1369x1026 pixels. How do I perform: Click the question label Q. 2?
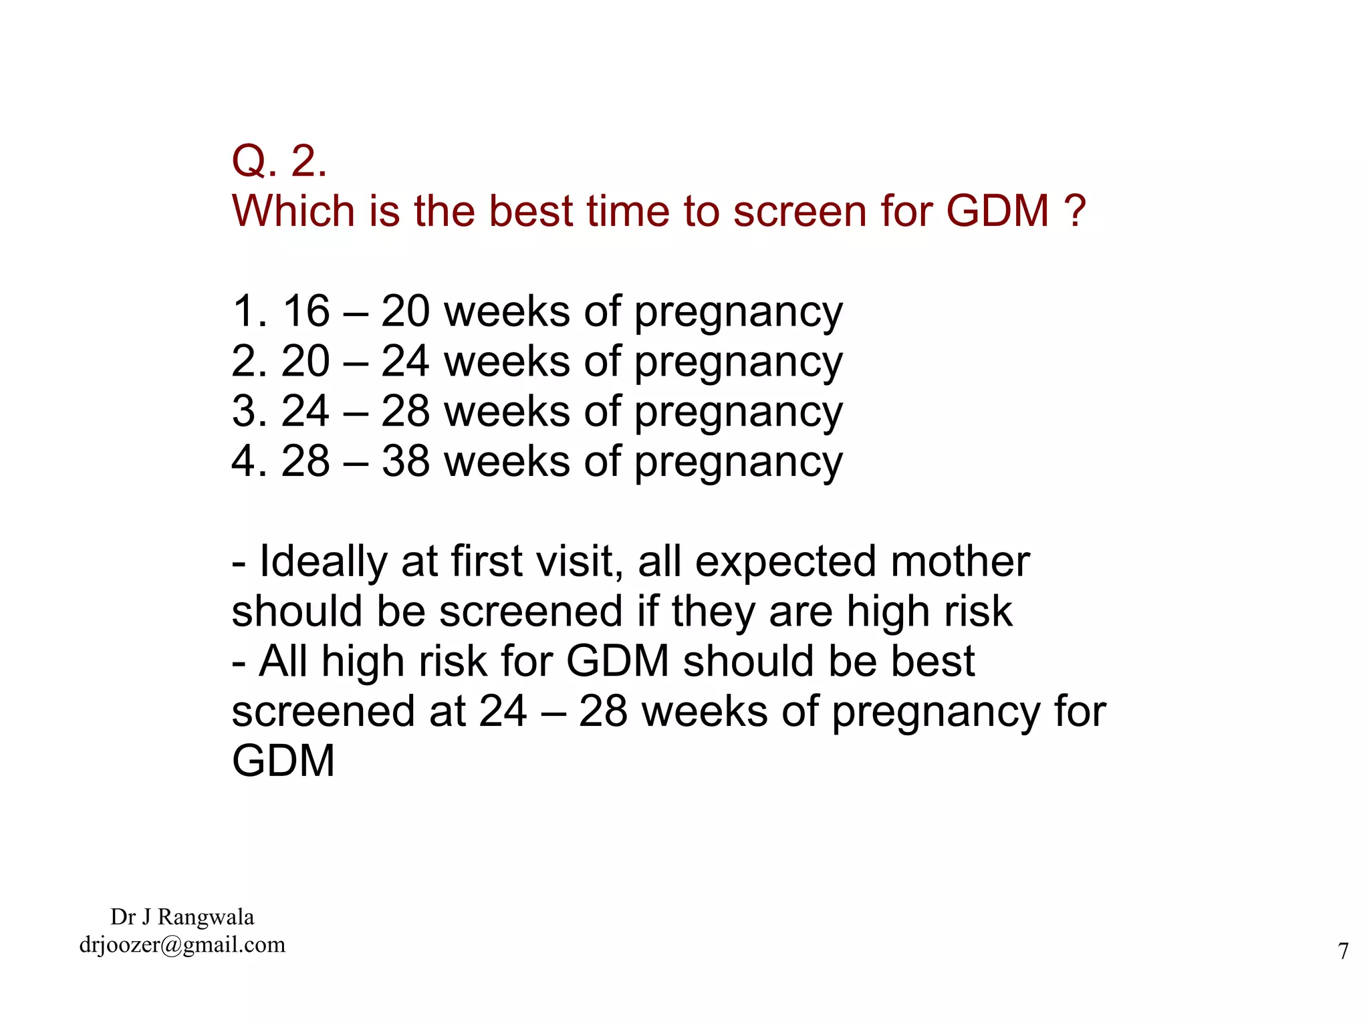pyautogui.click(x=279, y=161)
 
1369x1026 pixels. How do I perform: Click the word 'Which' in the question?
pyautogui.click(x=293, y=211)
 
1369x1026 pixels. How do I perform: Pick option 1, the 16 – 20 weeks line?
pyautogui.click(x=537, y=311)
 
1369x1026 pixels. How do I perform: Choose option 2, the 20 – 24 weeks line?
pyautogui.click(x=537, y=362)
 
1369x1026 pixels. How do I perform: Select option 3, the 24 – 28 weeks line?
pyautogui.click(x=537, y=411)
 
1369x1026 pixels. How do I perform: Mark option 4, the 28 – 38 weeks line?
pyautogui.click(x=537, y=461)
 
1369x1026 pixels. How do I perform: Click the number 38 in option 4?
pyautogui.click(x=406, y=461)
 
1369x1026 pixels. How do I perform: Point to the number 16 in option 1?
pyautogui.click(x=306, y=311)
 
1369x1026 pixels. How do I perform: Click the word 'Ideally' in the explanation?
pyautogui.click(x=323, y=561)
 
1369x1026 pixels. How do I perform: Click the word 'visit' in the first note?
pyautogui.click(x=578, y=561)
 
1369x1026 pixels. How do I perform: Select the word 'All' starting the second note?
pyautogui.click(x=283, y=661)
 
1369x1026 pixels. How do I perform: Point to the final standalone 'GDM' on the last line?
pyautogui.click(x=283, y=761)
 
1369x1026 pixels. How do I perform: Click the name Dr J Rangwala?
pyautogui.click(x=182, y=916)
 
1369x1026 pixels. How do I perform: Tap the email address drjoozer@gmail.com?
pyautogui.click(x=182, y=944)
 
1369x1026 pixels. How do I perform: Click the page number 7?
pyautogui.click(x=1343, y=950)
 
